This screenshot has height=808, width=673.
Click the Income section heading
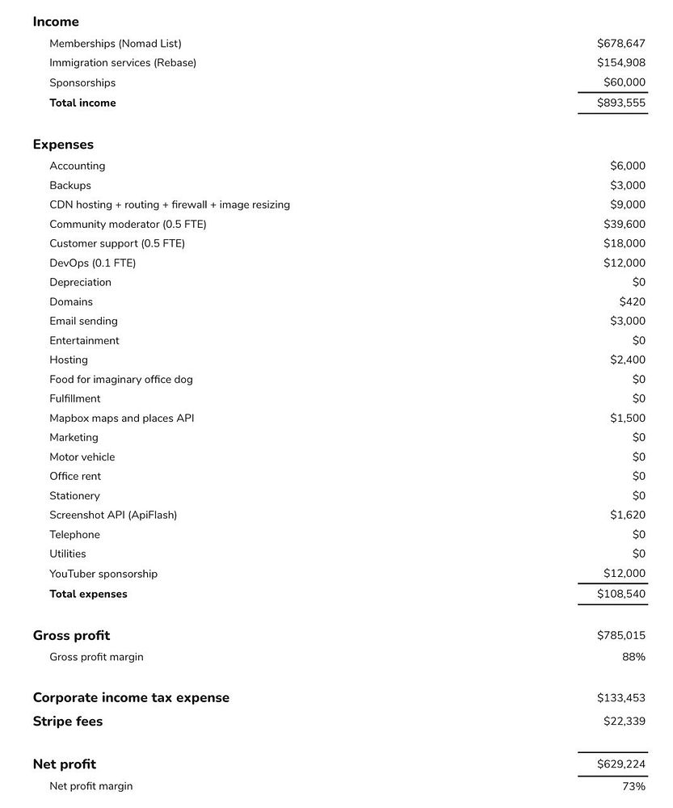[56, 22]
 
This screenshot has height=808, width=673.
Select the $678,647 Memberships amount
[620, 44]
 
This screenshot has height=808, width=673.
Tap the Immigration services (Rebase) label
[123, 63]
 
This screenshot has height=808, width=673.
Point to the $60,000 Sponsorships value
[624, 82]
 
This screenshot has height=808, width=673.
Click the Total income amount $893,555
[620, 103]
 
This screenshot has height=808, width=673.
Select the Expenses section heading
[63, 145]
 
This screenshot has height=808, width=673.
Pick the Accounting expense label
[78, 166]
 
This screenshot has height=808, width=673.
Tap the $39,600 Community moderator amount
[624, 225]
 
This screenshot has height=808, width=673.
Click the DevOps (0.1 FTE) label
[92, 263]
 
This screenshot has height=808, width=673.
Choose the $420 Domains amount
[632, 302]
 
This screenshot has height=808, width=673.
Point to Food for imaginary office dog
[121, 380]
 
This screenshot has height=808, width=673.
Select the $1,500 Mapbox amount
[627, 419]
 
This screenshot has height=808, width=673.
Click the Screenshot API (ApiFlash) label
[113, 516]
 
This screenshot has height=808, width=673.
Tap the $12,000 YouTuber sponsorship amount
[624, 574]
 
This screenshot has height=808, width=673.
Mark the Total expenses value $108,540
[620, 594]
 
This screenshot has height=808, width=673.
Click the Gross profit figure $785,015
[620, 636]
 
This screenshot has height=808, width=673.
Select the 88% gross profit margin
[633, 657]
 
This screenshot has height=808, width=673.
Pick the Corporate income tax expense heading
[131, 698]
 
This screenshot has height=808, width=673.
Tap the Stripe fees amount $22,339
[624, 722]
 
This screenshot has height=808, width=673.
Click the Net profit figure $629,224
[620, 764]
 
